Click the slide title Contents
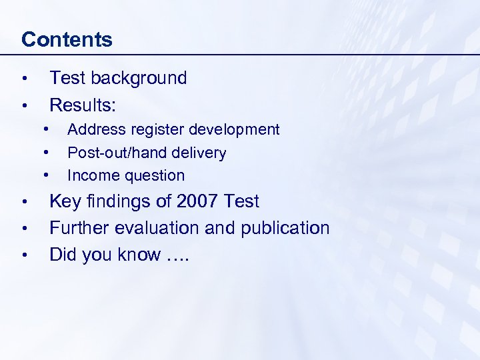pyautogui.click(x=67, y=39)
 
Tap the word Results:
pyautogui.click(x=83, y=105)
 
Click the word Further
pyautogui.click(x=80, y=228)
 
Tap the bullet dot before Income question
pyautogui.click(x=47, y=175)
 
